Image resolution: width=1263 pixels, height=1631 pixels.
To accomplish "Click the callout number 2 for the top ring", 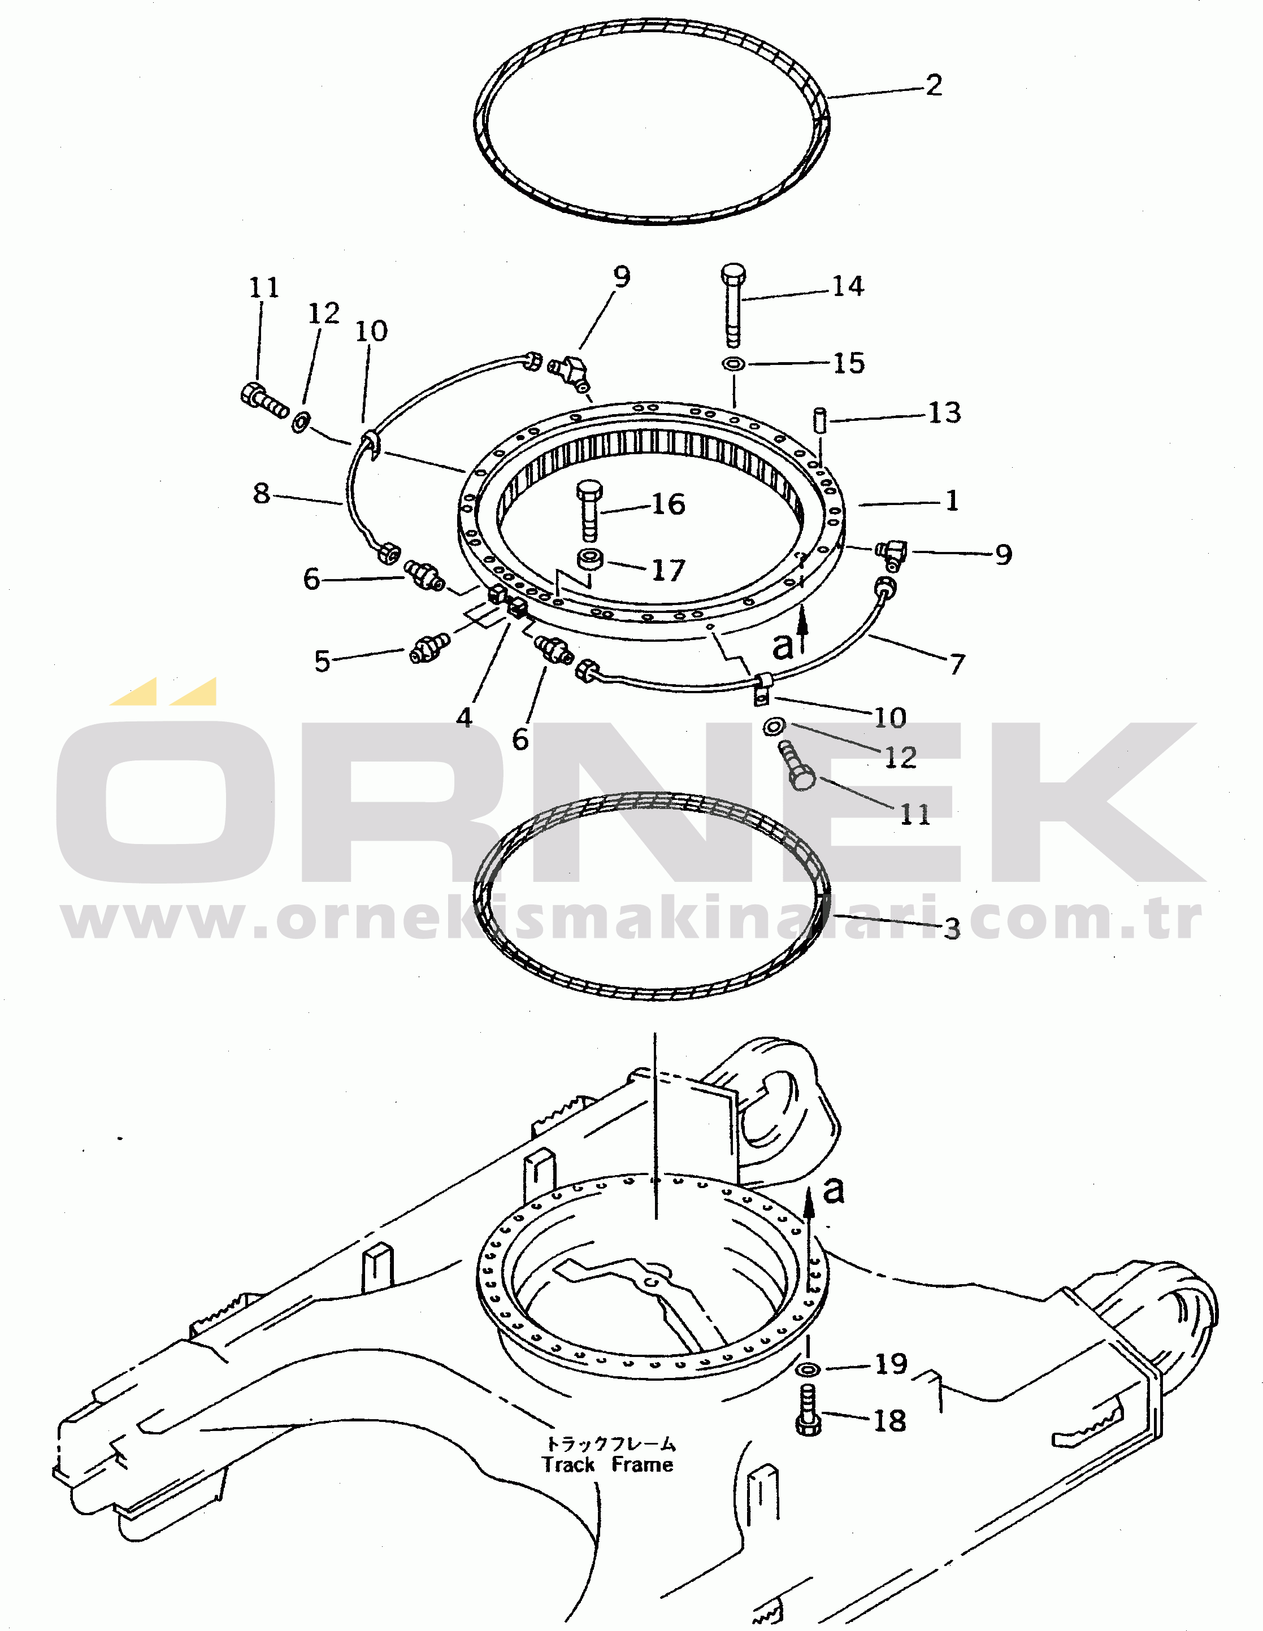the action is [x=934, y=85].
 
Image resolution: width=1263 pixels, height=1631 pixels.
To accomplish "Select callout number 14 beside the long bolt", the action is [x=848, y=286].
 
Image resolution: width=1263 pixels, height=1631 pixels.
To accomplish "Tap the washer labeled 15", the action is [x=734, y=364].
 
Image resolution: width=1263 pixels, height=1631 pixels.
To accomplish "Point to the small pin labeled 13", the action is [x=820, y=420].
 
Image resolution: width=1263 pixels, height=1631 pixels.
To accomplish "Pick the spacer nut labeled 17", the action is [x=591, y=559].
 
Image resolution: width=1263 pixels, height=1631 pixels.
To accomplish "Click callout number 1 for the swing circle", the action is [x=952, y=501].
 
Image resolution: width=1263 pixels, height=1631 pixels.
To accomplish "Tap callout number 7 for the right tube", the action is [x=957, y=663].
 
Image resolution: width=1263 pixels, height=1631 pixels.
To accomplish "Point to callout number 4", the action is [x=465, y=717].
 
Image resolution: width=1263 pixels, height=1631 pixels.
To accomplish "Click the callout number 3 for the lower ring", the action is [x=952, y=929].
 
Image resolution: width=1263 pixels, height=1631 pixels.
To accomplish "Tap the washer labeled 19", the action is [x=808, y=1369].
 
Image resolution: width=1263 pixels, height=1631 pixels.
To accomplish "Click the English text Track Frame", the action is [x=607, y=1464].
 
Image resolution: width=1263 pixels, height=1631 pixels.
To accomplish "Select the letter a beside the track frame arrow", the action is [x=834, y=1190].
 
